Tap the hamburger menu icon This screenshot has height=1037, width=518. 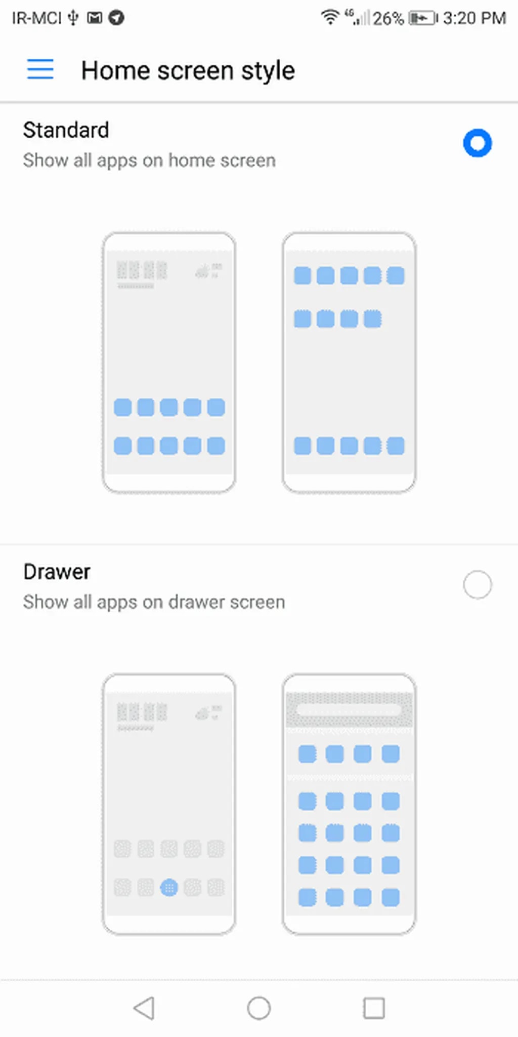pyautogui.click(x=40, y=69)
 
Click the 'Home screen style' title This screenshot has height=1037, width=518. pyautogui.click(x=188, y=70)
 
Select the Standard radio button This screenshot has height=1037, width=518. pyautogui.click(x=477, y=143)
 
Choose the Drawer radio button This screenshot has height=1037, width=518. pyautogui.click(x=477, y=585)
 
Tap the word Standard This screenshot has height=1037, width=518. pyautogui.click(x=66, y=130)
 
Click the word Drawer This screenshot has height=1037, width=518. pyautogui.click(x=57, y=572)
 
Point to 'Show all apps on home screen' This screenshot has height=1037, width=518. pyautogui.click(x=149, y=161)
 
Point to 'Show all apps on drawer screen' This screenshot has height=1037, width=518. pyautogui.click(x=154, y=602)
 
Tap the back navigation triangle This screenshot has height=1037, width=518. pyautogui.click(x=144, y=1008)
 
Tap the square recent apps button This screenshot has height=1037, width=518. pyautogui.click(x=374, y=1008)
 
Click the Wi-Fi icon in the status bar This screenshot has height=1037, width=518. pyautogui.click(x=330, y=17)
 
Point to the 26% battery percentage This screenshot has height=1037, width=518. pyautogui.click(x=388, y=19)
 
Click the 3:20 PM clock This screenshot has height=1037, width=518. pyautogui.click(x=474, y=18)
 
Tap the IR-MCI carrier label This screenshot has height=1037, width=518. pyautogui.click(x=36, y=18)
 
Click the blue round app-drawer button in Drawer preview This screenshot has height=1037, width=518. pyautogui.click(x=169, y=888)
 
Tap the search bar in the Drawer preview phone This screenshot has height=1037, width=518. pyautogui.click(x=349, y=710)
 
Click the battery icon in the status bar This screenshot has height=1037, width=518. pyautogui.click(x=423, y=19)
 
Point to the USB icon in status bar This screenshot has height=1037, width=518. pyautogui.click(x=73, y=18)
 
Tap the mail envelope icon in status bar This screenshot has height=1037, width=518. pyautogui.click(x=95, y=18)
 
